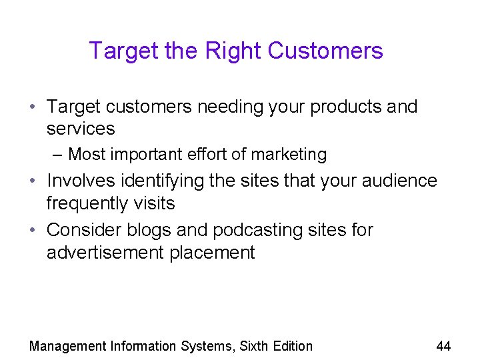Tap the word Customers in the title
[325, 51]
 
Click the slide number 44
[443, 345]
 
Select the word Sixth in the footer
[255, 345]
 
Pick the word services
[81, 129]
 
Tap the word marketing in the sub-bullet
[289, 155]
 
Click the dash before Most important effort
[57, 155]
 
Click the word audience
[397, 181]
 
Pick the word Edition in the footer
[293, 345]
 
